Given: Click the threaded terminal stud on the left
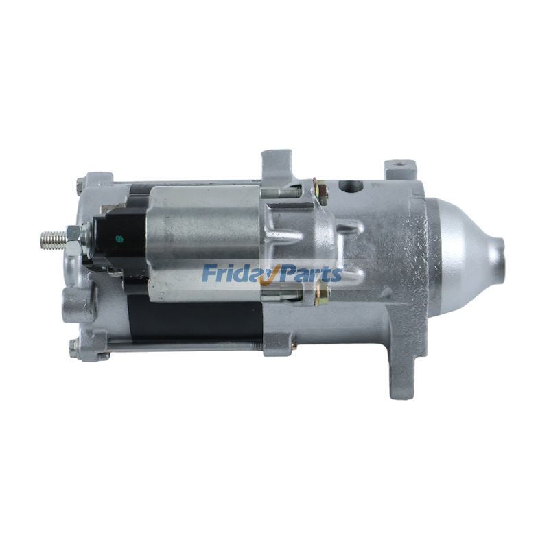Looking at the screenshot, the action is [54, 240].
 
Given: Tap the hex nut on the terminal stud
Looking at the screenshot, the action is [74, 241].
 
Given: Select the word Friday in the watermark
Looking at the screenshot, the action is [234, 273].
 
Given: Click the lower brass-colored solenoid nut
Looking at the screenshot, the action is [321, 294].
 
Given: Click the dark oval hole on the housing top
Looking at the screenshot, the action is [351, 185].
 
